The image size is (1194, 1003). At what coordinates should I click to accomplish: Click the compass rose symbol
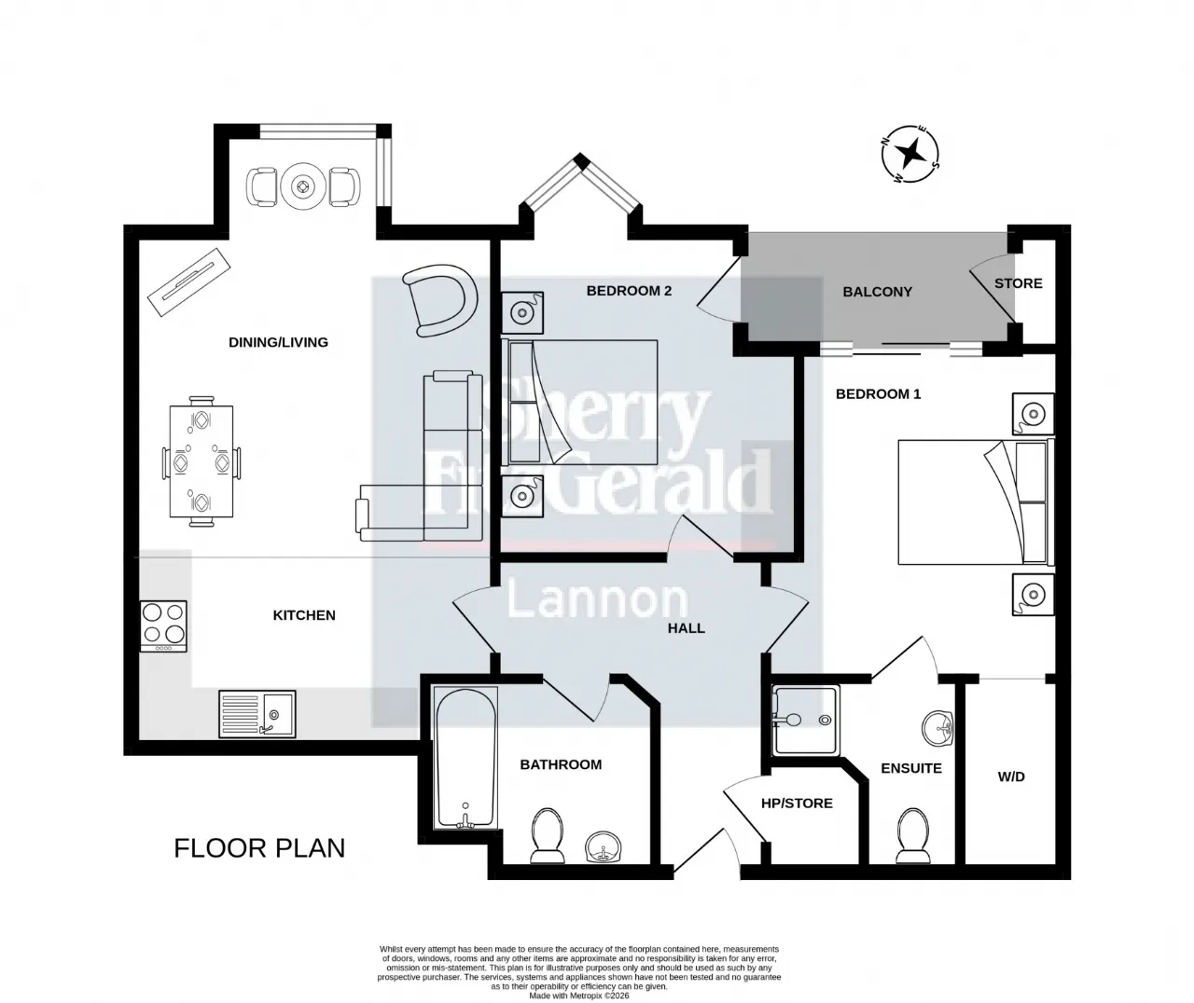[909, 155]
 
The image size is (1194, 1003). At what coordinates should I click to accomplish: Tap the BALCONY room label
[877, 292]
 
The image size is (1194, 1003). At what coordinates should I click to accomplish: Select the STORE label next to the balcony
[1018, 283]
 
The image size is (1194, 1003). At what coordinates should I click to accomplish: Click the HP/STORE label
[797, 804]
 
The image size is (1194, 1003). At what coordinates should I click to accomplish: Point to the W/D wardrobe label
[1011, 776]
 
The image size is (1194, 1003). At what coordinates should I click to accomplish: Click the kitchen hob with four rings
[163, 626]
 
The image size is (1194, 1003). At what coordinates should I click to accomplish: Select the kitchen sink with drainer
[257, 714]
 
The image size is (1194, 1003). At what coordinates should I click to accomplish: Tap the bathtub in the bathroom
[465, 758]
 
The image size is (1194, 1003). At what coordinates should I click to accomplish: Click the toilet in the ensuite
[912, 835]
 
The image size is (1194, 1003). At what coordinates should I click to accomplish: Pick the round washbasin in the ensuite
[938, 728]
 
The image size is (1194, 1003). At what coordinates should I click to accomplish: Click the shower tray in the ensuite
[806, 721]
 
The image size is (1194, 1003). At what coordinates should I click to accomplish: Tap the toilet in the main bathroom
[548, 835]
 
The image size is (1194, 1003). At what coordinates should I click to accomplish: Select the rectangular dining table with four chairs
[201, 461]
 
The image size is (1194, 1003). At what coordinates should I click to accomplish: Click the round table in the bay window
[303, 186]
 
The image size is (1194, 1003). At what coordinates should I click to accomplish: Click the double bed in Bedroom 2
[579, 403]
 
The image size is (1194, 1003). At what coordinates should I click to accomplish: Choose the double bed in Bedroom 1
[976, 501]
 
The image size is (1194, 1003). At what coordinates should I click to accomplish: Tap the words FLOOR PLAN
[259, 848]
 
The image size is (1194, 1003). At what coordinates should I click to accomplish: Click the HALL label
[687, 628]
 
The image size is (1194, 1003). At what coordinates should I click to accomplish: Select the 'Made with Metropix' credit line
[578, 995]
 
